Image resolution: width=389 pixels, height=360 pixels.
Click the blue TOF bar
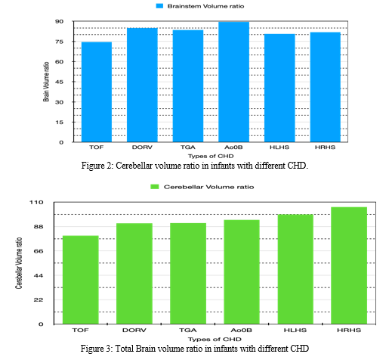pyautogui.click(x=97, y=92)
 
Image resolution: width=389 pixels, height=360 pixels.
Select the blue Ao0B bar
pyautogui.click(x=233, y=82)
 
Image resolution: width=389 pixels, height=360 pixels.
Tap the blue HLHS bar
pyautogui.click(x=279, y=88)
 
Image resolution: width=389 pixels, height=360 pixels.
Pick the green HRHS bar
pyautogui.click(x=349, y=265)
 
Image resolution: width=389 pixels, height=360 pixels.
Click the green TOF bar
pyautogui.click(x=81, y=280)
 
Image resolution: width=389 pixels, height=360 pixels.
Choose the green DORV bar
pyautogui.click(x=134, y=274)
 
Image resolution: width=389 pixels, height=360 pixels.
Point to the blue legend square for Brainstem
pyautogui.click(x=159, y=6)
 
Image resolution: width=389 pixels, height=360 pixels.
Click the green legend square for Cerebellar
pyautogui.click(x=155, y=187)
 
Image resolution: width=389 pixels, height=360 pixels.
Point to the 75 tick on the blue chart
pyautogui.click(x=60, y=42)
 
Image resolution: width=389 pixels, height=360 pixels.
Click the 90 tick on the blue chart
pyautogui.click(x=60, y=21)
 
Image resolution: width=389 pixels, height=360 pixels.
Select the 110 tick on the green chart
pyautogui.click(x=36, y=202)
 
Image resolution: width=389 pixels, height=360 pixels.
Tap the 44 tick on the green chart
pyautogui.click(x=39, y=275)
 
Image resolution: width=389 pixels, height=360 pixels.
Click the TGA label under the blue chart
pyautogui.click(x=188, y=147)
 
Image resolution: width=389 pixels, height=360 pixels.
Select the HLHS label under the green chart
pyautogui.click(x=295, y=330)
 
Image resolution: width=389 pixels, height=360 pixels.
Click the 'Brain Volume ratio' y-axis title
pyautogui.click(x=46, y=82)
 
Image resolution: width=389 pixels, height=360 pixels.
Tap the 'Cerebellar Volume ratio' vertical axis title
pyautogui.click(x=19, y=263)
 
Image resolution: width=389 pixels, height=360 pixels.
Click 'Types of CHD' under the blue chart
pyautogui.click(x=211, y=156)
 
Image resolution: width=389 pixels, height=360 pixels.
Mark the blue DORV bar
pyautogui.click(x=142, y=85)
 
